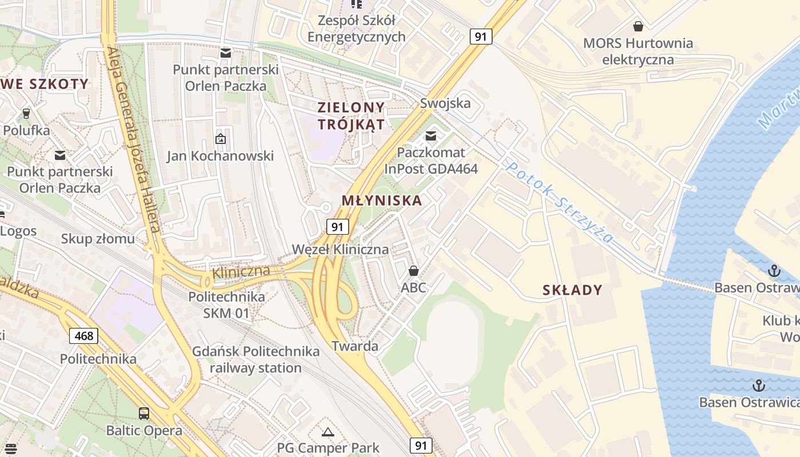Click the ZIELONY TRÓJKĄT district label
click(x=351, y=116)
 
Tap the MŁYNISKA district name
click(x=382, y=201)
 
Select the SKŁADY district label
click(x=573, y=290)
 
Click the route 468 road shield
click(x=84, y=335)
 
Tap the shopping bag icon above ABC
click(x=413, y=271)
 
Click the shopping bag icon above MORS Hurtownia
click(x=638, y=26)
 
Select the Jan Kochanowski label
click(x=220, y=156)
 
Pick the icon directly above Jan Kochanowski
click(x=220, y=138)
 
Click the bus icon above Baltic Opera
click(x=144, y=413)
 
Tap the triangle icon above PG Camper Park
click(x=327, y=431)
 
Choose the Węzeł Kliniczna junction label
click(x=340, y=250)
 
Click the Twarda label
click(x=355, y=346)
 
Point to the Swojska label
click(x=445, y=103)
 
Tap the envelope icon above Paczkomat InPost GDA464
click(x=431, y=136)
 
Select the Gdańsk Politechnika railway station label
click(x=255, y=359)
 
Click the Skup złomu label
click(x=98, y=239)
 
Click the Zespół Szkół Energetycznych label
click(x=357, y=29)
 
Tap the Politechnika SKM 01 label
click(x=227, y=305)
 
